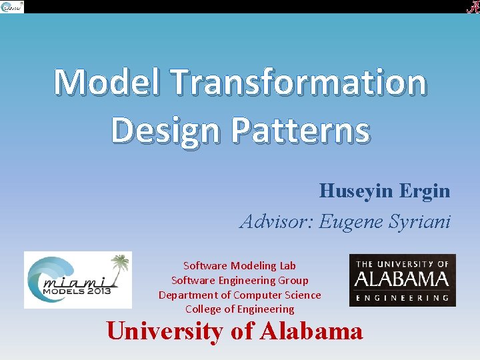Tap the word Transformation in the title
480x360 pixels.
[x=298, y=83]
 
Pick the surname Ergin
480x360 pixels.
[x=425, y=191]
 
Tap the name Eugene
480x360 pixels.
[x=351, y=221]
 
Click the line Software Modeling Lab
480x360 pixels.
[x=239, y=265]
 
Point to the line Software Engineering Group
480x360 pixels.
[x=239, y=280]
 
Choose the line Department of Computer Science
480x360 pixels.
[x=239, y=295]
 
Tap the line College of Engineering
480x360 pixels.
[x=239, y=309]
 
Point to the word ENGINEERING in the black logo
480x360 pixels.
[x=402, y=298]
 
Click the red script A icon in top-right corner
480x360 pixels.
[x=471, y=7]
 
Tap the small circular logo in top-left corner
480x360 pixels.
[x=11, y=7]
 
